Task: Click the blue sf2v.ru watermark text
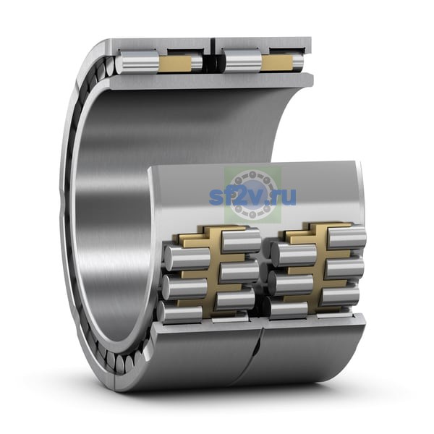point(252,196)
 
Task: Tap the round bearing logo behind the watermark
point(252,195)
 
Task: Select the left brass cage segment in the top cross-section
point(175,63)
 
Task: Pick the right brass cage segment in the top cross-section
point(278,62)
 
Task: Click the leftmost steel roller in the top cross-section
point(137,63)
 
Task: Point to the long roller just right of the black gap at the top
point(242,61)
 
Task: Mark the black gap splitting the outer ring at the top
point(212,53)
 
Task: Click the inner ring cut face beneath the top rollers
point(212,82)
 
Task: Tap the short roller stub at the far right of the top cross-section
point(298,63)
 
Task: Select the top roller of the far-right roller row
point(346,237)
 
